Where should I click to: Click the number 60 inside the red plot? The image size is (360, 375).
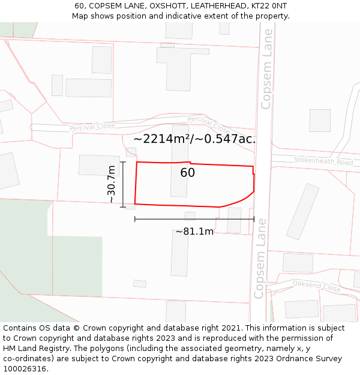tap(187, 173)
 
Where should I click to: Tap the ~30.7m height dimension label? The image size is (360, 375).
tap(111, 184)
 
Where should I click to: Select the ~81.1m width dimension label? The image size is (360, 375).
tap(194, 232)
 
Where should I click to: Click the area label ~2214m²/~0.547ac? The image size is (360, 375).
tap(194, 139)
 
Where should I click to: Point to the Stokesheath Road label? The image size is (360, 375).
tap(323, 161)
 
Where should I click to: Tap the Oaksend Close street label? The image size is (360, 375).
tap(317, 287)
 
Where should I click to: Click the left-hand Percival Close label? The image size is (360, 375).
tap(92, 127)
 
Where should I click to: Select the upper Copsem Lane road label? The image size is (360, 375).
tap(267, 69)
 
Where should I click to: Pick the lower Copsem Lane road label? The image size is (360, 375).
tap(259, 265)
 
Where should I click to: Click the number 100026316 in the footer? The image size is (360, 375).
tap(25, 369)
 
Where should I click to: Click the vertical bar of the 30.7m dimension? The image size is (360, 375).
tap(123, 184)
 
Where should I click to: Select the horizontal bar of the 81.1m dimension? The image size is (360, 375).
tap(194, 219)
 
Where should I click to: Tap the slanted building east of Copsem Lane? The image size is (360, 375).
tap(302, 211)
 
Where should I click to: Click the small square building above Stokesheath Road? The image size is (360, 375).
tap(320, 121)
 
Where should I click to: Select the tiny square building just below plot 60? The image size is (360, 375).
tap(190, 216)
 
